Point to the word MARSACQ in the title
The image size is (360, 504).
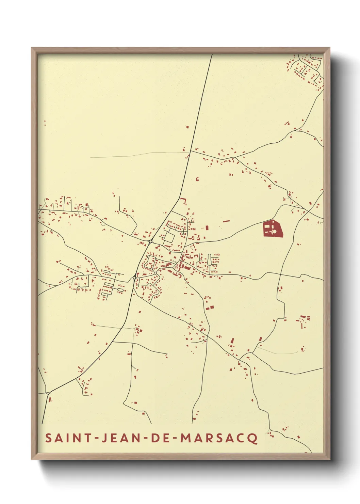pos(219,438)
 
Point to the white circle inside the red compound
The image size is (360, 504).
pos(274,232)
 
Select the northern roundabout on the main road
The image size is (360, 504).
pos(150,241)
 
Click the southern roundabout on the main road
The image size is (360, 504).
pos(134,278)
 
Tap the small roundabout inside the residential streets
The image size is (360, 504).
pos(155,273)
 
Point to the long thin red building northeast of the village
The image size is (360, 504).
pos(226,221)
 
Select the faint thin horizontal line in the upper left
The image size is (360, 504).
pos(136,155)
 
